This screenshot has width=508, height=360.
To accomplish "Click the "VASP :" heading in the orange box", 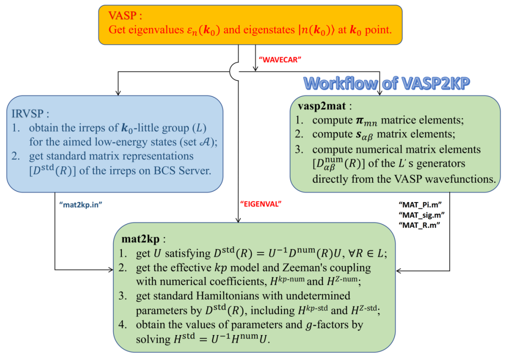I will click(x=125, y=16).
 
